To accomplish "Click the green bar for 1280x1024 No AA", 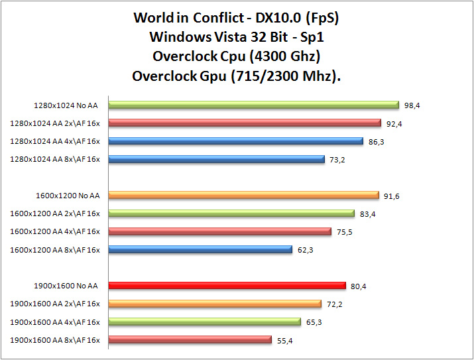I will [253, 105].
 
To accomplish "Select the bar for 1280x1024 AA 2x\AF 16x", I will [244, 123].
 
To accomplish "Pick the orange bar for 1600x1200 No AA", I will [243, 196].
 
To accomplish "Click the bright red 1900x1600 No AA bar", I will [227, 286].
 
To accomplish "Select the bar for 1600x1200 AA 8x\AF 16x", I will [200, 249].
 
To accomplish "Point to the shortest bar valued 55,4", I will [190, 339].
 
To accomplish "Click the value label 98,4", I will [413, 105].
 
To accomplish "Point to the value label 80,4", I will [359, 286].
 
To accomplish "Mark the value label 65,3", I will [314, 322].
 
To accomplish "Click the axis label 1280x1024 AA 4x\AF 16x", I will [55, 141].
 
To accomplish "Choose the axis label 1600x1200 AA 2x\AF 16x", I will [55, 213].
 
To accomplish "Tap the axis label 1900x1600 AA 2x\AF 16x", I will [55, 304].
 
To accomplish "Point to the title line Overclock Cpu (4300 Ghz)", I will [237, 56].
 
